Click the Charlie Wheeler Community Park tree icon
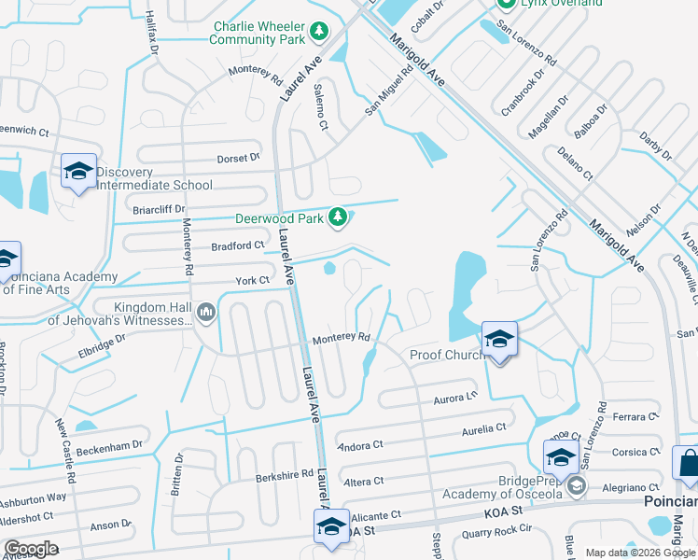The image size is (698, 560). (319, 32)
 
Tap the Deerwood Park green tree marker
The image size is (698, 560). (339, 218)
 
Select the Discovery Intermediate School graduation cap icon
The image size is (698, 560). (79, 171)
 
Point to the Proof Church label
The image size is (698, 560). (445, 355)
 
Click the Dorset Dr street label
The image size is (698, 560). (238, 159)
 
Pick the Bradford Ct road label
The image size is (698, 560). (238, 245)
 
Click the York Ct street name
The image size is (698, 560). (252, 280)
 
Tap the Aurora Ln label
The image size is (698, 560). (456, 398)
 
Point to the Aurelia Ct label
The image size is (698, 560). (483, 428)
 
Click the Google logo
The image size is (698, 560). (32, 549)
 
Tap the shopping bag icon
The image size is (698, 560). (688, 464)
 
